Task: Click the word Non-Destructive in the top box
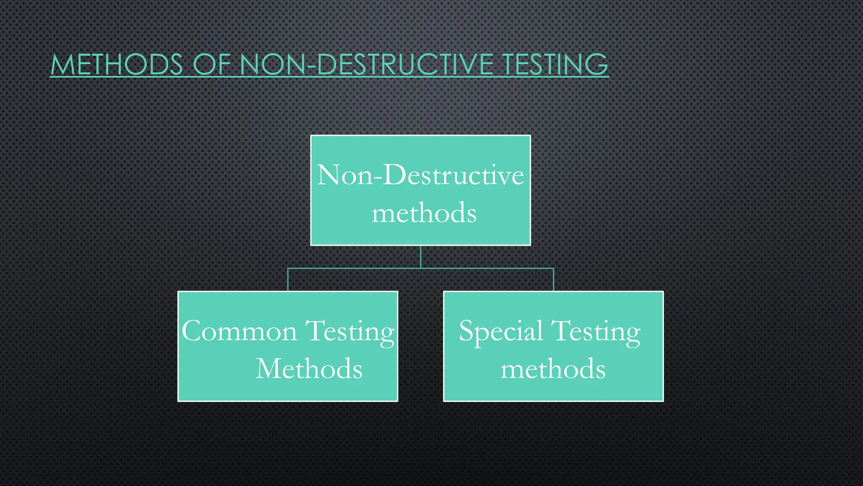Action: pos(420,175)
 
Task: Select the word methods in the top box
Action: pos(424,213)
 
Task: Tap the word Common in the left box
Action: pos(239,331)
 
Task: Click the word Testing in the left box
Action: pos(350,332)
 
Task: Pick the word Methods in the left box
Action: pos(309,369)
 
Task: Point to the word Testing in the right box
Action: pos(596,332)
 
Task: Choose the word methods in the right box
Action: pos(553,369)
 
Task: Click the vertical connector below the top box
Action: pos(421,256)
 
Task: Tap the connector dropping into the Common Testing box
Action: pos(288,279)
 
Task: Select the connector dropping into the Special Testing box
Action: pos(553,279)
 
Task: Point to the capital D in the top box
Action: pos(394,175)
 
